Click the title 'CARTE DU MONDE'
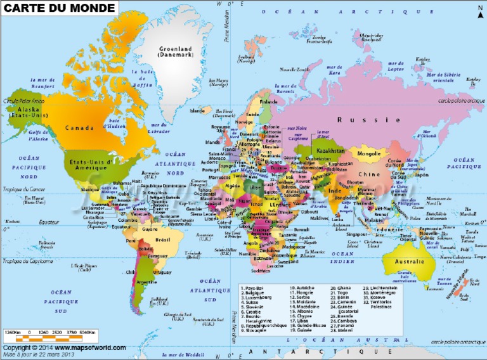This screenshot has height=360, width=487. (60, 8)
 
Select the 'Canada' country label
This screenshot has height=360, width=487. (78, 128)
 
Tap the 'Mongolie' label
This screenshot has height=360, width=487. (369, 153)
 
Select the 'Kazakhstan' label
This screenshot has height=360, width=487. (330, 151)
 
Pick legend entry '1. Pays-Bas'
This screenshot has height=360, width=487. (253, 287)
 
